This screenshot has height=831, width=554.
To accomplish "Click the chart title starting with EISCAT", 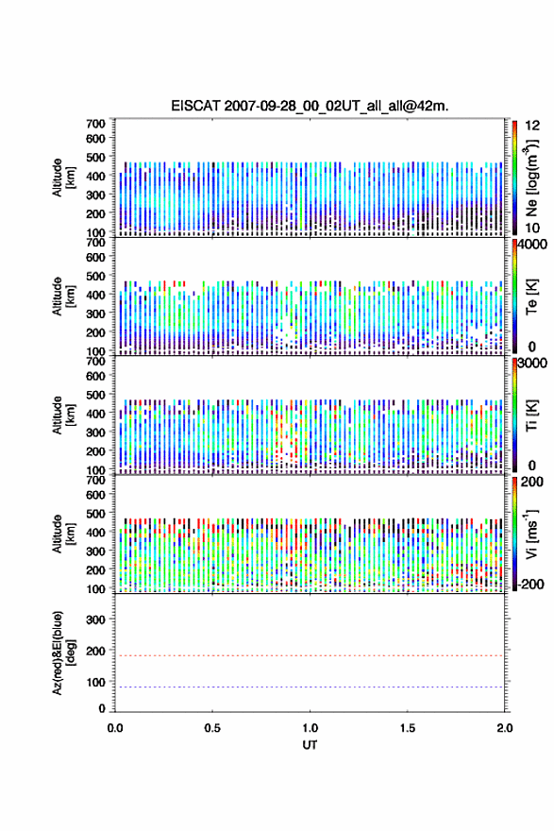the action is [310, 106].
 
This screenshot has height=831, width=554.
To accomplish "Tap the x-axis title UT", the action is [310, 745].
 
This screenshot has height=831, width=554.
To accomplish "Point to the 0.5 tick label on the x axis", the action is [212, 728].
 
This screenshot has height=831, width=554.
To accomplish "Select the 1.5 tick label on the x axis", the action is [408, 728].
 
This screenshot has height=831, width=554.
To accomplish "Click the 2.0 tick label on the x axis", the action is [505, 728].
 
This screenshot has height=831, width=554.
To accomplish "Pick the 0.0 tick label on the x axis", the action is [115, 728].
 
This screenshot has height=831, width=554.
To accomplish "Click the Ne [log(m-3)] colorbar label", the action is [531, 178].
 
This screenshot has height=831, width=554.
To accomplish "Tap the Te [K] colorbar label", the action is [531, 297].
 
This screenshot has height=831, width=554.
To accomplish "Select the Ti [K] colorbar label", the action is [531, 415].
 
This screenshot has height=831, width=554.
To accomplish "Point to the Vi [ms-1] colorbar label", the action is [531, 534].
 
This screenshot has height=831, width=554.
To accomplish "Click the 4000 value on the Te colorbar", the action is [532, 245].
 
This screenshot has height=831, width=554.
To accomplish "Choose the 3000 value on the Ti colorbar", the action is [532, 364].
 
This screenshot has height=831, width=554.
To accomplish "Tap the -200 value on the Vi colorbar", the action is [530, 585].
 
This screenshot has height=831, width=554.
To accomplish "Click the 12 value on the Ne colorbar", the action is [532, 126].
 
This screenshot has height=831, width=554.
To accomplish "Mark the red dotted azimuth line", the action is [310, 655].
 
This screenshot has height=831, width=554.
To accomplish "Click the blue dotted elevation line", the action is [310, 687].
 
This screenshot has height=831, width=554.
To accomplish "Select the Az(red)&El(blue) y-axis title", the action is [63, 653].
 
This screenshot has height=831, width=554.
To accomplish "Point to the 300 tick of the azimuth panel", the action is [95, 619].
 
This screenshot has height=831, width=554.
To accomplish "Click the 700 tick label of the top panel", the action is [95, 124].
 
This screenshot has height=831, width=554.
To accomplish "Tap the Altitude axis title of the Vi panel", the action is [63, 534].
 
